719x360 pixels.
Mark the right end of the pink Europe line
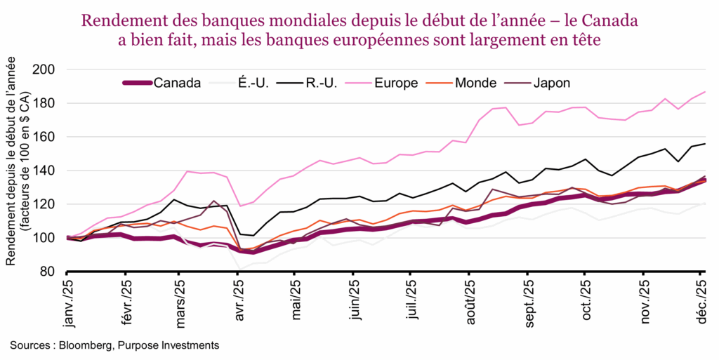click(x=705, y=92)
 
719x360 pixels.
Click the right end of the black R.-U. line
click(x=705, y=144)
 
